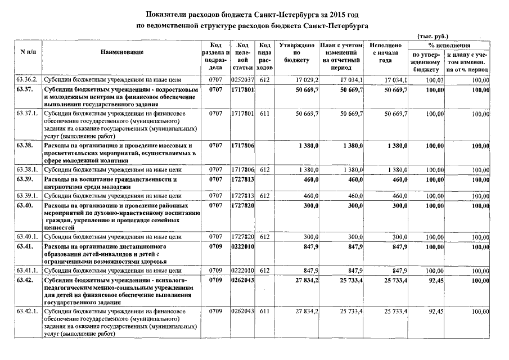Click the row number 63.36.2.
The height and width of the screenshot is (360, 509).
pyautogui.click(x=27, y=80)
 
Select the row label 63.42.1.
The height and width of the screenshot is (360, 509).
pyautogui.click(x=27, y=310)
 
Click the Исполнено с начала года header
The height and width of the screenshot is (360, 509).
pyautogui.click(x=386, y=52)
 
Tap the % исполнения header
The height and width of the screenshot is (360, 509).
pyautogui.click(x=449, y=44)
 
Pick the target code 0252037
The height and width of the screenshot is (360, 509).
pyautogui.click(x=243, y=80)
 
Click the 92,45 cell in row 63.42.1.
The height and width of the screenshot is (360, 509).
pyautogui.click(x=427, y=310)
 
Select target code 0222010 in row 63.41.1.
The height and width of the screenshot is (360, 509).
pyautogui.click(x=243, y=271)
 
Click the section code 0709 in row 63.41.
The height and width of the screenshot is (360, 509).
pyautogui.click(x=215, y=246)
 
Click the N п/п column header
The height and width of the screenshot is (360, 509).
pyautogui.click(x=27, y=52)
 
